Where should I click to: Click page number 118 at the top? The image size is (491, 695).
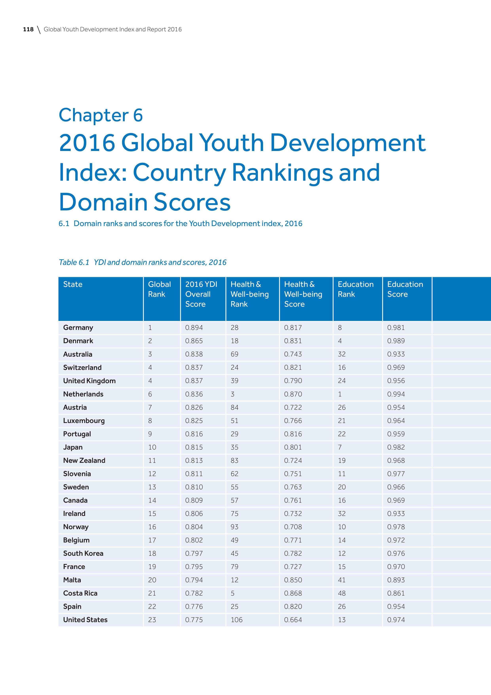tap(28, 29)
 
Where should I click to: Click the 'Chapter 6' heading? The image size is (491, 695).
tap(101, 115)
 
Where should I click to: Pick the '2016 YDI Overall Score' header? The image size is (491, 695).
tap(201, 294)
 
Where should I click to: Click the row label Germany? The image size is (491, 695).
tap(78, 327)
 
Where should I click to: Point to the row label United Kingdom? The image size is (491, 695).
tap(89, 381)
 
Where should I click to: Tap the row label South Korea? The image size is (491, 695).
tap(83, 553)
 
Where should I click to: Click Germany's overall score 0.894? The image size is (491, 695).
tap(194, 327)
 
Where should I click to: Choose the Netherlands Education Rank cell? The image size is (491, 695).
tap(340, 394)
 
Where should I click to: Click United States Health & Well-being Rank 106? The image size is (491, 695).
tap(236, 620)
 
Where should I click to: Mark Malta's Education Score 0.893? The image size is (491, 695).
tap(396, 580)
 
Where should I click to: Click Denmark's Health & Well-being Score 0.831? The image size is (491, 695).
tap(293, 341)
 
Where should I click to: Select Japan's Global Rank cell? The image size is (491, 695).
tap(152, 447)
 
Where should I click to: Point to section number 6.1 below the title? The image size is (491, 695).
tap(64, 224)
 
